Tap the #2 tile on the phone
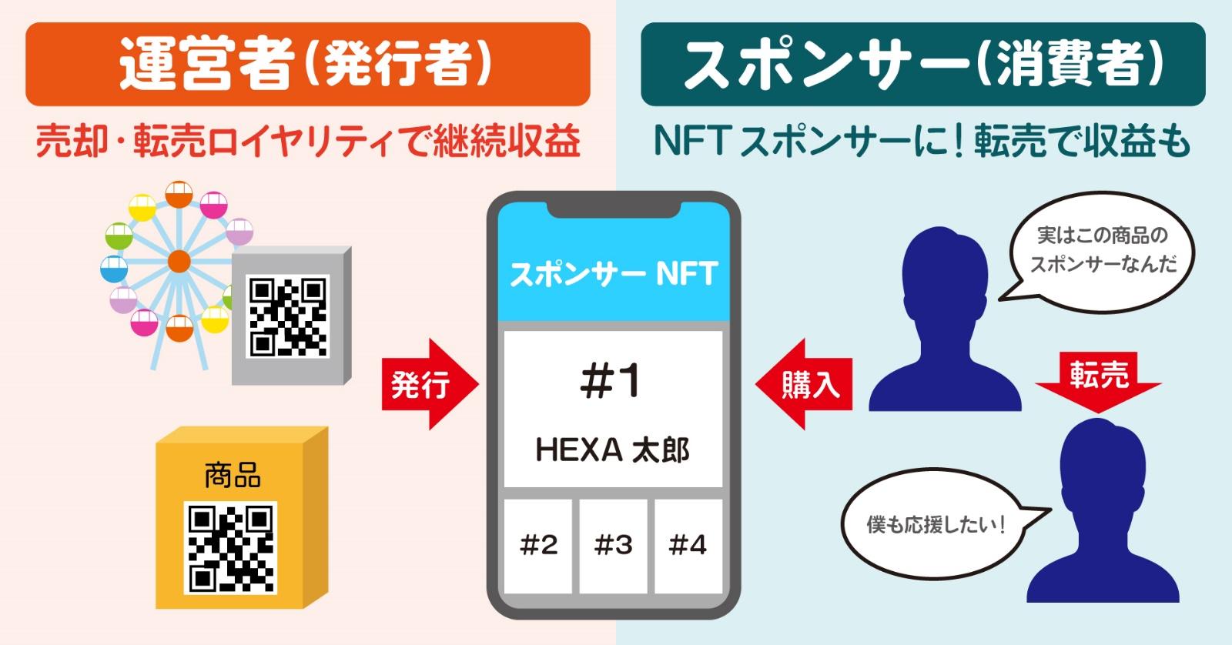[538, 546]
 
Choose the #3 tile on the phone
[613, 546]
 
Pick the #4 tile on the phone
[688, 546]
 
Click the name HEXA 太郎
[612, 450]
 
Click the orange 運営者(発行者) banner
[307, 65]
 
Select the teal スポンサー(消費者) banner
[922, 65]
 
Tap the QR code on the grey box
[287, 316]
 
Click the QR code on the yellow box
[231, 547]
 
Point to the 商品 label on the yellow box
[232, 475]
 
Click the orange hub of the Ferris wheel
[179, 262]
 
